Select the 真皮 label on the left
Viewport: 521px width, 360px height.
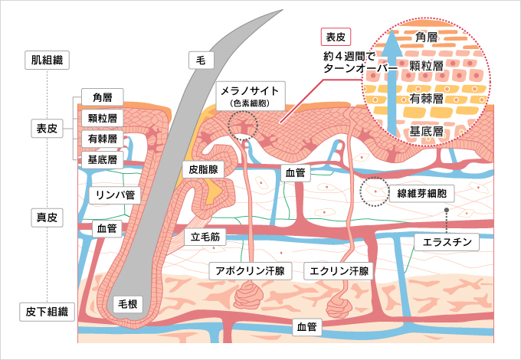pyautogui.click(x=47, y=217)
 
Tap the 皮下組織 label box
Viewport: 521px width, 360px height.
pyautogui.click(x=47, y=312)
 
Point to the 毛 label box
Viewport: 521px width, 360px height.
pyautogui.click(x=201, y=58)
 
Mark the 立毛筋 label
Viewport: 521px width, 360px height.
pyautogui.click(x=205, y=237)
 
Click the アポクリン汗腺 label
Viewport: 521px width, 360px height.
pyautogui.click(x=250, y=270)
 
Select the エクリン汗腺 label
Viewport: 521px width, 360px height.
pyautogui.click(x=338, y=270)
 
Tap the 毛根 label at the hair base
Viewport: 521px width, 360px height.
pyautogui.click(x=127, y=304)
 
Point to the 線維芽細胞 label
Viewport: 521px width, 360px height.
pyautogui.click(x=421, y=191)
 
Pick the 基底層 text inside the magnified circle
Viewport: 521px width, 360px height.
pyautogui.click(x=427, y=131)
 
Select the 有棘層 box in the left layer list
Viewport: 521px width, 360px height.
pyautogui.click(x=103, y=139)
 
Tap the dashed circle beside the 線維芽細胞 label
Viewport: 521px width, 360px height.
pyautogui.click(x=375, y=191)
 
